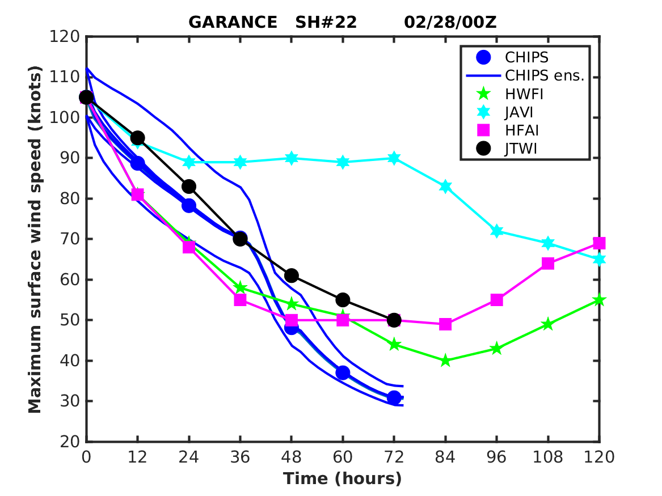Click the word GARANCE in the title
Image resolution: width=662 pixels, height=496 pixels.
[233, 22]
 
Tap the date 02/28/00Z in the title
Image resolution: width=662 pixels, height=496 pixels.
[450, 22]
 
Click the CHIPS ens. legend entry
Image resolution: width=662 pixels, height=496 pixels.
[544, 75]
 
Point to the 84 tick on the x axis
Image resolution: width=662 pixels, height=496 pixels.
[445, 457]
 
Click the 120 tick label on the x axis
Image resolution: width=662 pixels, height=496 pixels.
[599, 457]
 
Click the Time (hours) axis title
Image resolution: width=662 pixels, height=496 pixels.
[343, 478]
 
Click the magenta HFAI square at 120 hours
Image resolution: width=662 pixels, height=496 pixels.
[599, 243]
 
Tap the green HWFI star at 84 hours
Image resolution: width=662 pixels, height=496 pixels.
[445, 361]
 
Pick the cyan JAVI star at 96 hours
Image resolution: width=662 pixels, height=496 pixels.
[497, 231]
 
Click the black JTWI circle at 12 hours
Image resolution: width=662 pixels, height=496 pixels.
[137, 138]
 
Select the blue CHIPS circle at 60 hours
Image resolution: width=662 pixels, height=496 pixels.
[343, 372]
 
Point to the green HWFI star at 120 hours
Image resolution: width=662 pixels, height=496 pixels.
[599, 300]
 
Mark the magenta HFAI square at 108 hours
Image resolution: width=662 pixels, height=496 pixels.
[548, 263]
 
